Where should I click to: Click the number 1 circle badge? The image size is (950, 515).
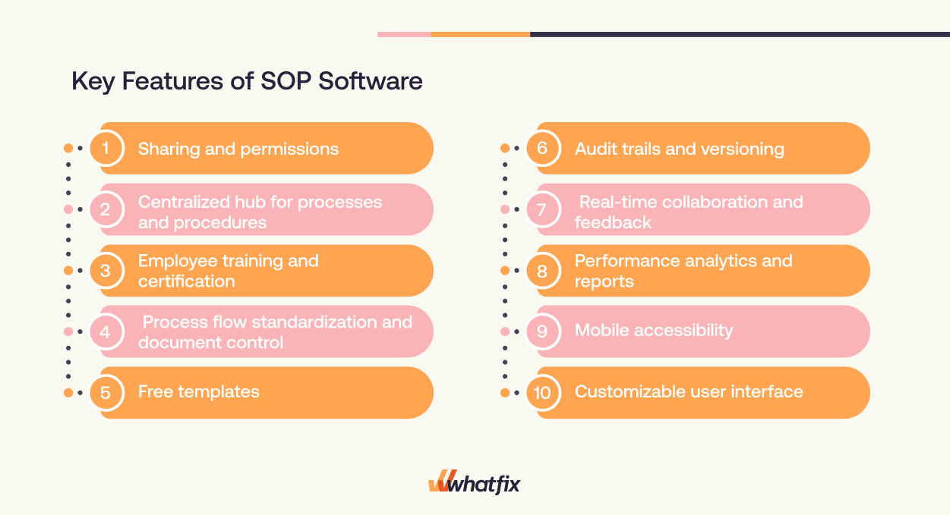coord(106,148)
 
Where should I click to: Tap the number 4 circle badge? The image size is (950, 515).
coord(106,331)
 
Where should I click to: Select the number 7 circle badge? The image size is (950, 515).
coord(542,209)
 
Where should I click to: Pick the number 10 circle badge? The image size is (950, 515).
coord(542,392)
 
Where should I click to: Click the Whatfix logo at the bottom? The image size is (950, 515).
coord(475,483)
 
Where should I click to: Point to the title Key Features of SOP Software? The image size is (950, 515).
coord(247,81)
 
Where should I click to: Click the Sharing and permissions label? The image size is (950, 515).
coord(238,149)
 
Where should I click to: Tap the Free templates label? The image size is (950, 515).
coord(199,392)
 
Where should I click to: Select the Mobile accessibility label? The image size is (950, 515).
coord(654,331)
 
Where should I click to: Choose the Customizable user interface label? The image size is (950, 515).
coord(689,392)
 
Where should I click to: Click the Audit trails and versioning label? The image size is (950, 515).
coord(679,149)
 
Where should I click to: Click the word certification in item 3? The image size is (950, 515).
coord(187,281)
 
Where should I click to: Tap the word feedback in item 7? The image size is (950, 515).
coord(613,222)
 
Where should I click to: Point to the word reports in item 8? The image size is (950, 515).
coord(604,281)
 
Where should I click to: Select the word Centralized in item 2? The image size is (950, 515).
coord(183,202)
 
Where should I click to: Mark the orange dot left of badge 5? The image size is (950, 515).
coord(68,393)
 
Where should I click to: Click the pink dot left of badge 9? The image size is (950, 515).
coord(505,331)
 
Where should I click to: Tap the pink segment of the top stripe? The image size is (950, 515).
coord(404,34)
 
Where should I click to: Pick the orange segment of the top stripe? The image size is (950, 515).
coord(480,34)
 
